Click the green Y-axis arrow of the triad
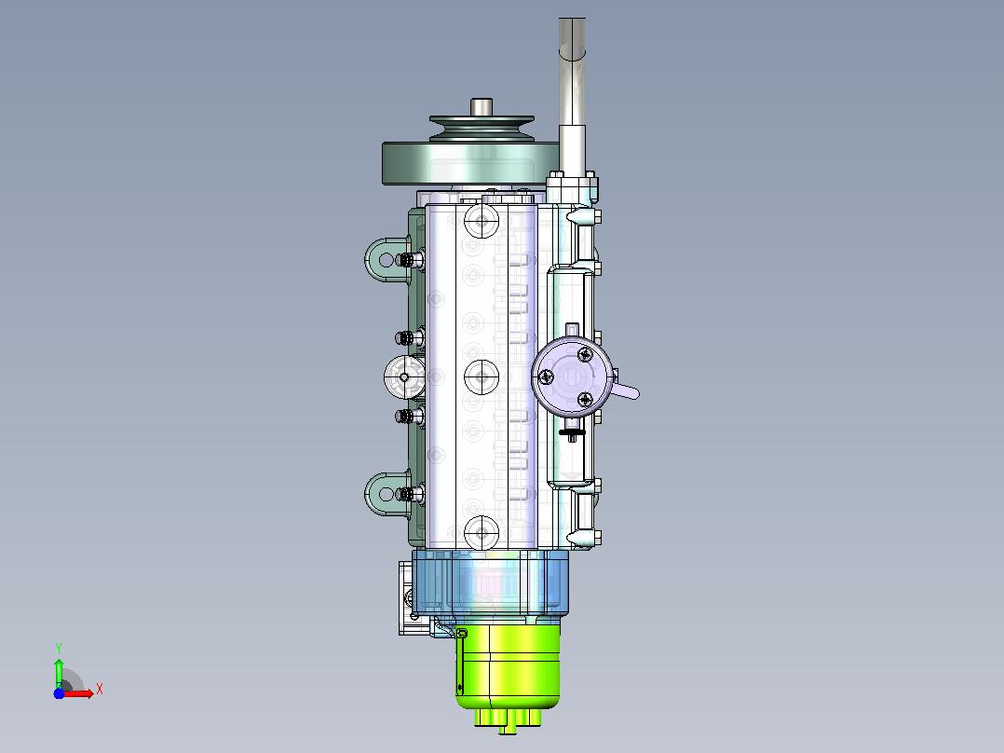pos(59,673)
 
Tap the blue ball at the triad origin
pos(59,693)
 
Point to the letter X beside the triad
pos(100,690)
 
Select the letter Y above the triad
pos(59,648)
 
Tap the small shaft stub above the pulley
pos(481,107)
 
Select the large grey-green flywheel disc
pos(470,163)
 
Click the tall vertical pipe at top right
pos(572,96)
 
